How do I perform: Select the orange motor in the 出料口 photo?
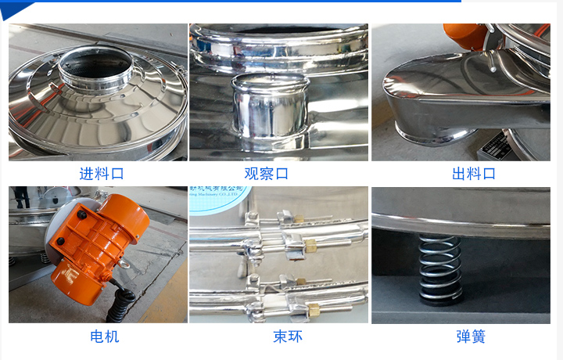463,34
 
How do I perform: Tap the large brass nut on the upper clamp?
310,247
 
